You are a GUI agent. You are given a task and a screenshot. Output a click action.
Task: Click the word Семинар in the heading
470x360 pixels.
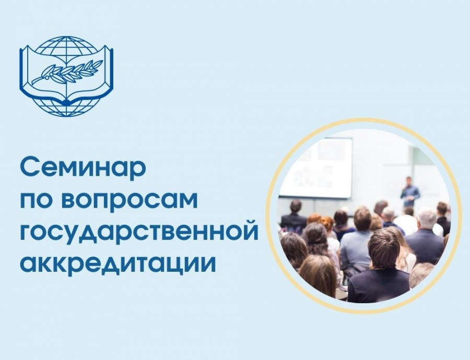click(x=83, y=169)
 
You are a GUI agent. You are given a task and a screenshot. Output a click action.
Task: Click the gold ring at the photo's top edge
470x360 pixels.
click(x=363, y=123)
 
